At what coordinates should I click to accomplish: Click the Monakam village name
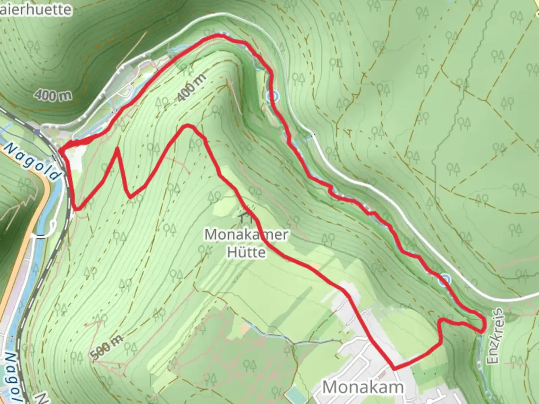362,388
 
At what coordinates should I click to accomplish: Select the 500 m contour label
107,348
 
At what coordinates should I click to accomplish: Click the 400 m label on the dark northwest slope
54,95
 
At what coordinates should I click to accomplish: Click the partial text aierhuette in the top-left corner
36,9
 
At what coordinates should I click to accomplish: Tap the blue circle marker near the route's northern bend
273,97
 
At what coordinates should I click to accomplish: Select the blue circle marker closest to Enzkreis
445,279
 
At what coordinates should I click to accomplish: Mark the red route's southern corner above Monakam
394,368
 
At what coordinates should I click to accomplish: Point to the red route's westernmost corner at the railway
60,150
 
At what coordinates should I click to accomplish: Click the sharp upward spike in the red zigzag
118,149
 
